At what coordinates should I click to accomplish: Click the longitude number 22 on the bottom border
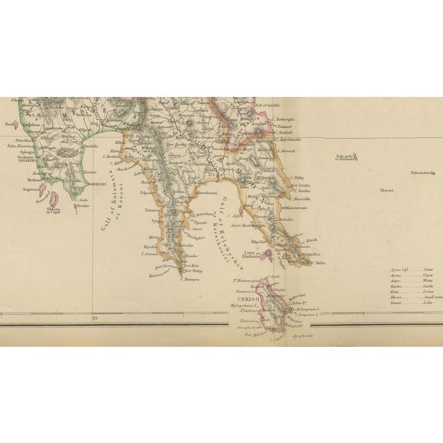tap(95, 318)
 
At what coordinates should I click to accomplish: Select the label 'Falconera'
tap(422, 172)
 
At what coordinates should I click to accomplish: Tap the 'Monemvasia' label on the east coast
tap(296, 208)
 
